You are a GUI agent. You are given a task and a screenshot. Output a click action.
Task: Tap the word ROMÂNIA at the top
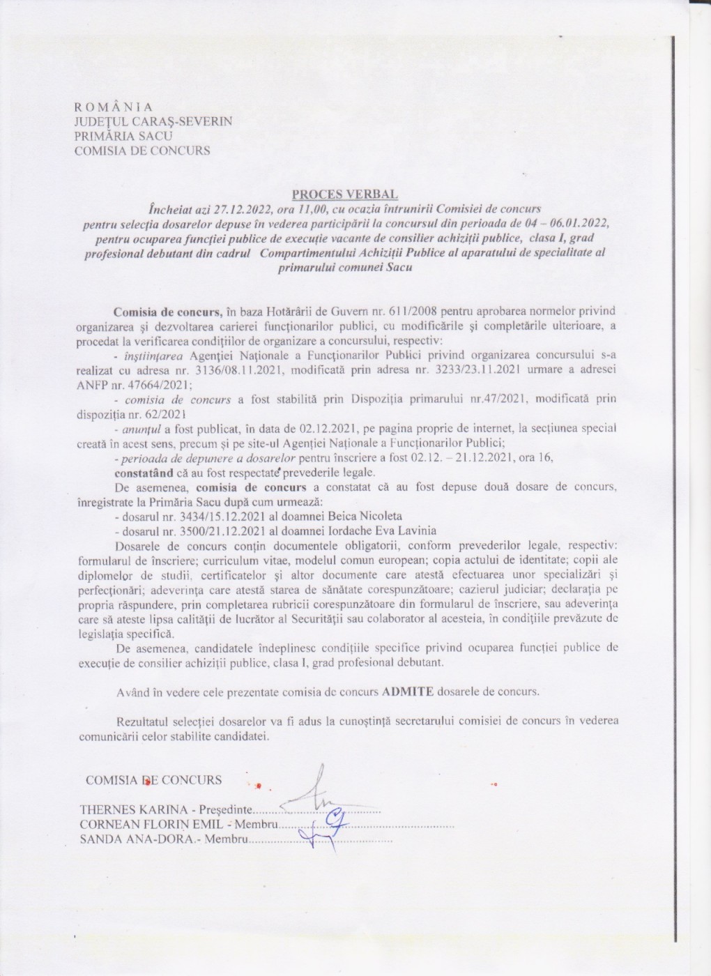(113, 107)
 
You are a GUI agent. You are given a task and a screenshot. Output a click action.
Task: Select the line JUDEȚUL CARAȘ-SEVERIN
(153, 121)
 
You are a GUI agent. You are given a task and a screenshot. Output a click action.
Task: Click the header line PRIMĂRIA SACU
(123, 136)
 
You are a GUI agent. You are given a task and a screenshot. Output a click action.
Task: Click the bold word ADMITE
(408, 692)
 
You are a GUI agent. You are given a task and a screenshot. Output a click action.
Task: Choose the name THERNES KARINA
(135, 810)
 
